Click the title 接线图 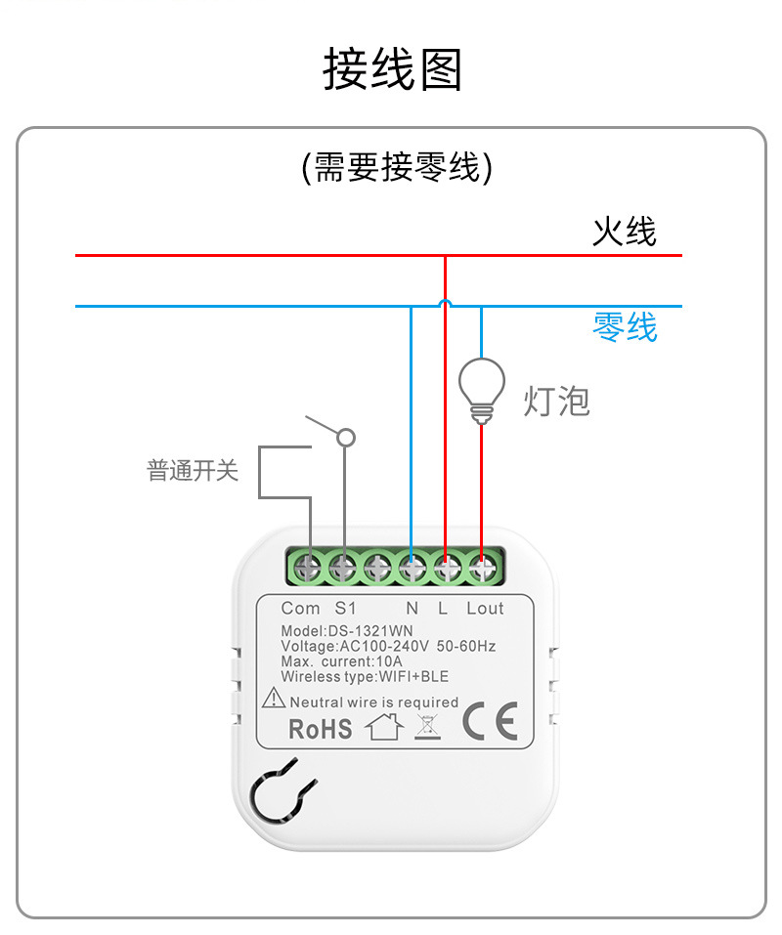tap(392, 69)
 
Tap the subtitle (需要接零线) tap(396, 168)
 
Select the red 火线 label tap(624, 232)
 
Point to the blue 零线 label tap(625, 326)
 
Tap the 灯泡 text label tap(556, 401)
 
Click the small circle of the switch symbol tap(345, 439)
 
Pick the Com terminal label tap(300, 608)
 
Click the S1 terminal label tap(346, 608)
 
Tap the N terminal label tap(412, 608)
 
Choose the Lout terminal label tap(485, 608)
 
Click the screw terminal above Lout tap(482, 567)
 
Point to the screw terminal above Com tap(309, 567)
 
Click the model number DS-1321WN tap(356, 632)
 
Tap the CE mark tap(489, 721)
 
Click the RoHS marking tap(320, 729)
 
